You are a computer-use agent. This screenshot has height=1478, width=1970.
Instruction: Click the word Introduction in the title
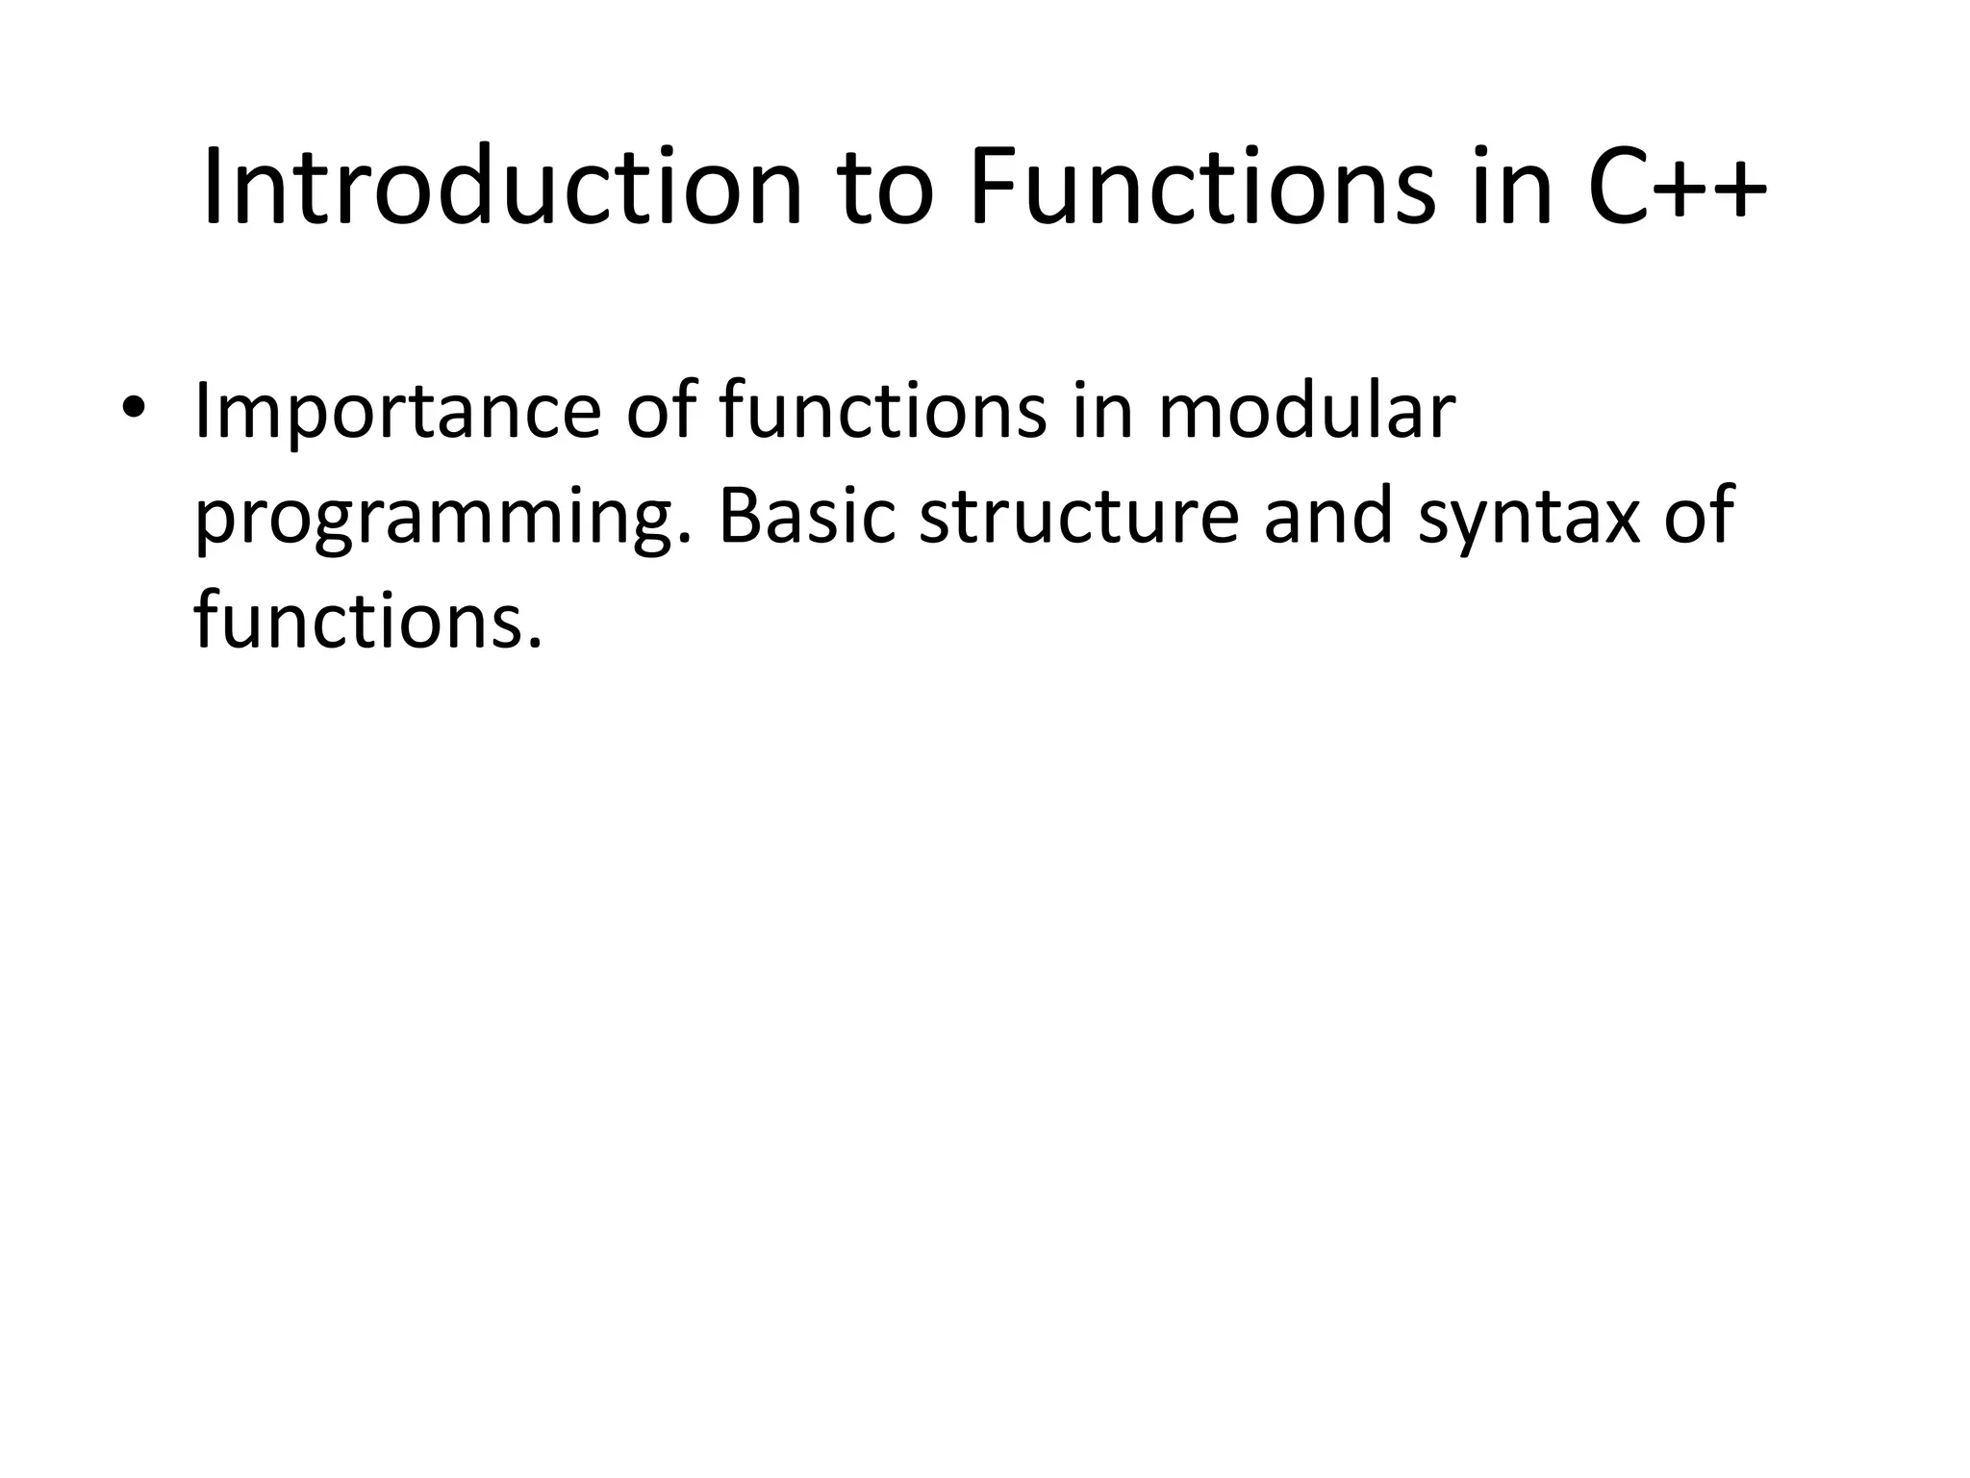click(501, 187)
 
